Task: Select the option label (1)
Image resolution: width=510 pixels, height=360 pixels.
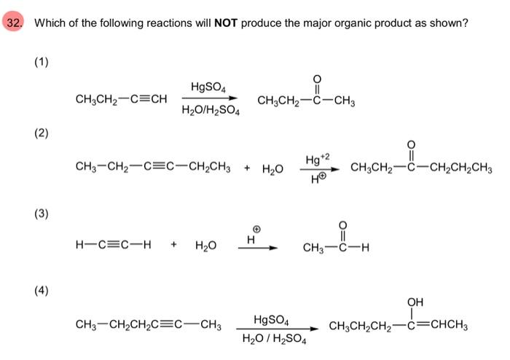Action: point(41,62)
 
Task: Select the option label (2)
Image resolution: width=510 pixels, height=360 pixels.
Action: point(41,133)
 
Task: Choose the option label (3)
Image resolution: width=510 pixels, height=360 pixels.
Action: point(41,214)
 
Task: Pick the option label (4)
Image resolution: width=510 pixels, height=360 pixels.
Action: point(41,291)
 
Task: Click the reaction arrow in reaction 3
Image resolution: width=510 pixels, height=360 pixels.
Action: point(256,248)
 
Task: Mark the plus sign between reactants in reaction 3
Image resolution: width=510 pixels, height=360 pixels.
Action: point(173,246)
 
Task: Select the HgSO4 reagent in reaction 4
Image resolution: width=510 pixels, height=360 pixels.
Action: point(271,319)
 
